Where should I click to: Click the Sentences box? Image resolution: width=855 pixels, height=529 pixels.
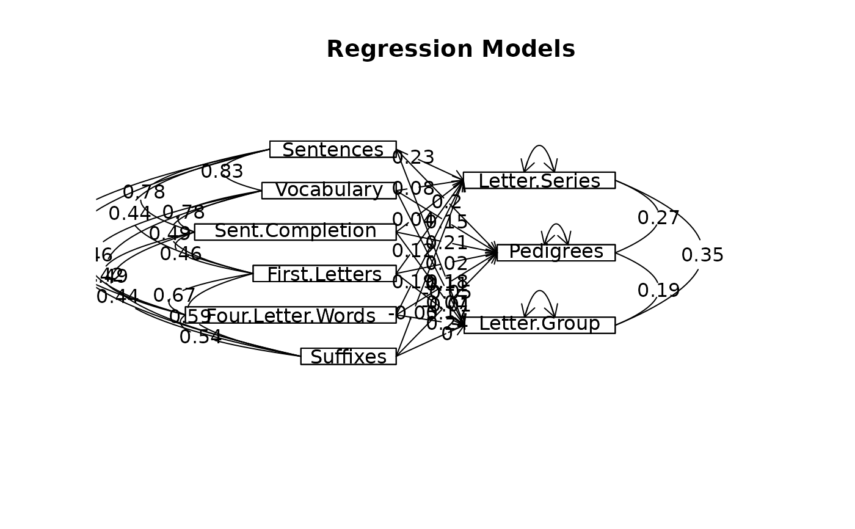pos(333,150)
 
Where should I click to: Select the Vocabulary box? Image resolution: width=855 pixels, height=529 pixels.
pos(329,191)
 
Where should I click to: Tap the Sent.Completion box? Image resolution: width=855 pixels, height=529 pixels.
pos(295,232)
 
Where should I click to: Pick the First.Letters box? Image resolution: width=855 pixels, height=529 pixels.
pos(324,274)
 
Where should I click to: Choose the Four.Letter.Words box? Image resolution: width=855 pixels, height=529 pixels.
pos(291,315)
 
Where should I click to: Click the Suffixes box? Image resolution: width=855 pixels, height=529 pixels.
pos(348,357)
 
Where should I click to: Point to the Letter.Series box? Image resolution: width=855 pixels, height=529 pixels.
pos(539,181)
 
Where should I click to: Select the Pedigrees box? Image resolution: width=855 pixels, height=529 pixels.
pos(556,253)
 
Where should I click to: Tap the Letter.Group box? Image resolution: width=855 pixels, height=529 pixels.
pos(539,325)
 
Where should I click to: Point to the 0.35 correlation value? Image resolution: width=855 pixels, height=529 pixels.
pos(702,255)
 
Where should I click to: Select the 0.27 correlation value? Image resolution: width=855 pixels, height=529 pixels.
pos(658,218)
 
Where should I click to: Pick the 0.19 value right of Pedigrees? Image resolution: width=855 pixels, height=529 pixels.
pos(658,291)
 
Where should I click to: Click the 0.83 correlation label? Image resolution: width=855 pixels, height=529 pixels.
pos(222,172)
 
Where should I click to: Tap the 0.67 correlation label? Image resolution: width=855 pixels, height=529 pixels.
pos(174,296)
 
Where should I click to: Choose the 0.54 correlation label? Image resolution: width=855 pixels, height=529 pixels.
pos(200,337)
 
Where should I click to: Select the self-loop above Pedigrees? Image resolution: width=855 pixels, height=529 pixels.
pos(556,227)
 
